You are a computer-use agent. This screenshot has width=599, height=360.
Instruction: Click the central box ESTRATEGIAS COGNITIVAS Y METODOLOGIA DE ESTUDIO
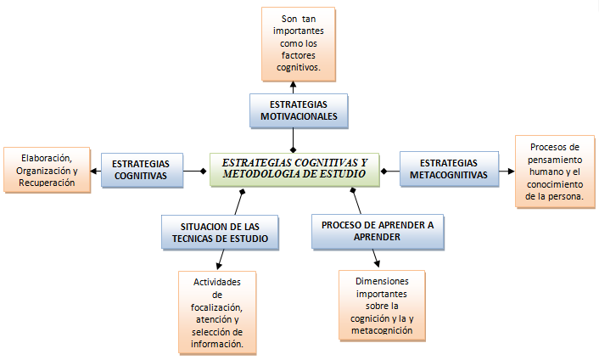coord(294,167)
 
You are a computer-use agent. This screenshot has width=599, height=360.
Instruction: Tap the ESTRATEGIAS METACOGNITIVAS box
coord(448,169)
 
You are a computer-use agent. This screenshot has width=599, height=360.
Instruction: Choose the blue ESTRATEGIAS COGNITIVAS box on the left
coord(142,169)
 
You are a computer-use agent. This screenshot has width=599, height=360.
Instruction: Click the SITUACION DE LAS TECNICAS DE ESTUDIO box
coord(220,232)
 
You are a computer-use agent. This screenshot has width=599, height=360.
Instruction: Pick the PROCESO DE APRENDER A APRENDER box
coord(376,231)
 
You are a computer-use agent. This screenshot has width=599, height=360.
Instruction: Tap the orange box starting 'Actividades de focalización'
coord(217,312)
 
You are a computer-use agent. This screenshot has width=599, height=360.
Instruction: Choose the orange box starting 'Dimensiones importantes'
coord(381,306)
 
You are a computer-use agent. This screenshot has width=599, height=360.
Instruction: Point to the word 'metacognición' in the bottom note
coord(381,330)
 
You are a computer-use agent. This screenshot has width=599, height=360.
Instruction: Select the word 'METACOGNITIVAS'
coord(448,176)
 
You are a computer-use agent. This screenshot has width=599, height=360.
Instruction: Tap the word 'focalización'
coord(217,307)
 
